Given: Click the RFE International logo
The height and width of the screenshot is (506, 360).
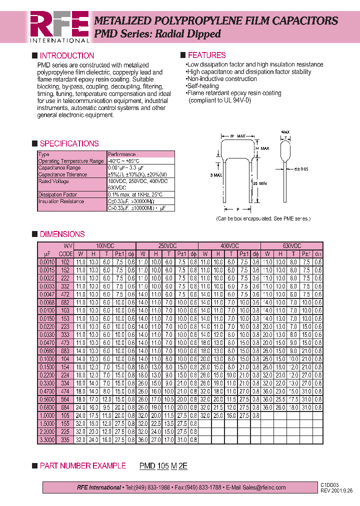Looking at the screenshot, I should click(59, 26).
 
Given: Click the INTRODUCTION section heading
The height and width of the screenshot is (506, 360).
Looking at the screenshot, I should click(66, 56).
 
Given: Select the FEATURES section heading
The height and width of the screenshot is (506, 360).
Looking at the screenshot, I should click(206, 55).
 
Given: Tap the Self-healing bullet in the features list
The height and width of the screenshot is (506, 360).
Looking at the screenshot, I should click(202, 86).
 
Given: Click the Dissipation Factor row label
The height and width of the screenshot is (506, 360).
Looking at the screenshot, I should click(58, 194).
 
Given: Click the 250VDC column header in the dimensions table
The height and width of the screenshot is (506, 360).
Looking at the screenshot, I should click(167, 246).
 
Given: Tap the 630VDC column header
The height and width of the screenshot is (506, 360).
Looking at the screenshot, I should click(292, 246).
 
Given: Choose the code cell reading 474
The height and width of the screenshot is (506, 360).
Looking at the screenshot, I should click(65, 391).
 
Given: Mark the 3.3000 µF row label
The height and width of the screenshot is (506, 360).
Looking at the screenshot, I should click(46, 439).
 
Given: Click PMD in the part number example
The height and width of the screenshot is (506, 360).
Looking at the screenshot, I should click(147, 466).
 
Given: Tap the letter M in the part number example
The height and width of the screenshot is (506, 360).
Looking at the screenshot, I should click(173, 466).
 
